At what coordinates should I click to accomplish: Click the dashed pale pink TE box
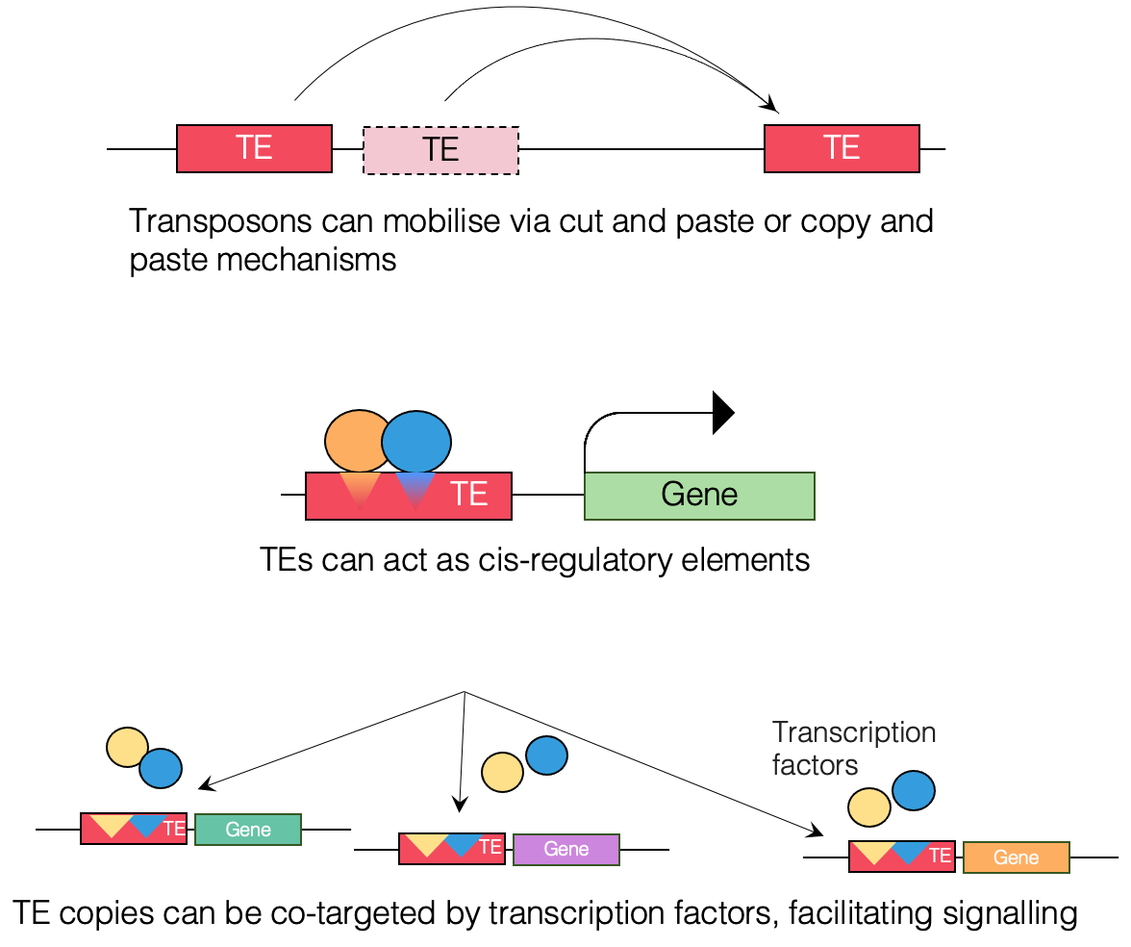pos(441,149)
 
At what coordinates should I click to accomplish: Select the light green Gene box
pos(699,495)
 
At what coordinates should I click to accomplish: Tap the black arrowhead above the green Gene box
pos(722,413)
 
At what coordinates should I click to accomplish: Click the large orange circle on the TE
pos(357,441)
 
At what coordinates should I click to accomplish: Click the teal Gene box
pos(248,829)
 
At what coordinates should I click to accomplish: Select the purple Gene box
pos(566,849)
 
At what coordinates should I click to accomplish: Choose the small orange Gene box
pos(1016,857)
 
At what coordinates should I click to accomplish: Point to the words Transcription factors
pos(853,748)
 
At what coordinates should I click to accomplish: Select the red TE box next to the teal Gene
pos(134,828)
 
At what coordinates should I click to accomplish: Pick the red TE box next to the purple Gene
pos(452,848)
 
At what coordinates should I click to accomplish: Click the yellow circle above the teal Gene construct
pos(127,747)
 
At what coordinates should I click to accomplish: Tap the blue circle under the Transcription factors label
pos(914,790)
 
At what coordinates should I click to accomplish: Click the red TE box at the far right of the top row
pos(842,148)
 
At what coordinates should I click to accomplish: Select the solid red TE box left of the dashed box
pos(254,148)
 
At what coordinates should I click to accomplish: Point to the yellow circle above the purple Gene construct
pos(502,771)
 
